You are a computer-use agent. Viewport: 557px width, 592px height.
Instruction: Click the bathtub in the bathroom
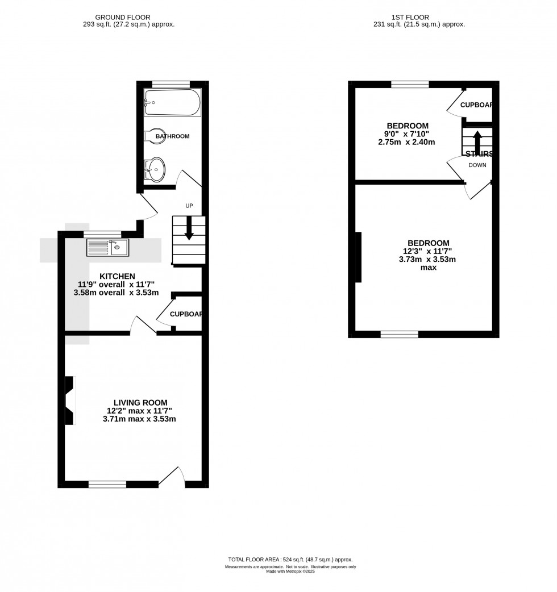point(172,103)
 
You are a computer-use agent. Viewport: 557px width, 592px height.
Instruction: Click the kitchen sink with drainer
point(108,247)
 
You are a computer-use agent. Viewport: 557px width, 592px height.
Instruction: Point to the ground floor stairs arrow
point(189,228)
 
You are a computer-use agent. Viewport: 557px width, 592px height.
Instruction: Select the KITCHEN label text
point(117,276)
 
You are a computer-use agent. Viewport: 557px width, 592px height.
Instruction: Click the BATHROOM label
point(173,136)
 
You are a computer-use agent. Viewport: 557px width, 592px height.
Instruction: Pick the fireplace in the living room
point(70,401)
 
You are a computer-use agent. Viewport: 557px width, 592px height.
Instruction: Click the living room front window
point(107,484)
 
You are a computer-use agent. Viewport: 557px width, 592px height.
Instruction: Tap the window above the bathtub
point(171,84)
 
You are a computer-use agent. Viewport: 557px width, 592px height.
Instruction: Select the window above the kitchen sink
point(102,234)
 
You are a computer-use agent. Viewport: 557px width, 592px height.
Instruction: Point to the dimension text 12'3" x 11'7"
point(428,251)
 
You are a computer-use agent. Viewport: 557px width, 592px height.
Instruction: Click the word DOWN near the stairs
point(477,165)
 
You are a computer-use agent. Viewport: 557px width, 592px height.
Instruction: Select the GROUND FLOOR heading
point(123,17)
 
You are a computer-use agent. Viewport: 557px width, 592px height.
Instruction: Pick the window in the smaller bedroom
point(410,85)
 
